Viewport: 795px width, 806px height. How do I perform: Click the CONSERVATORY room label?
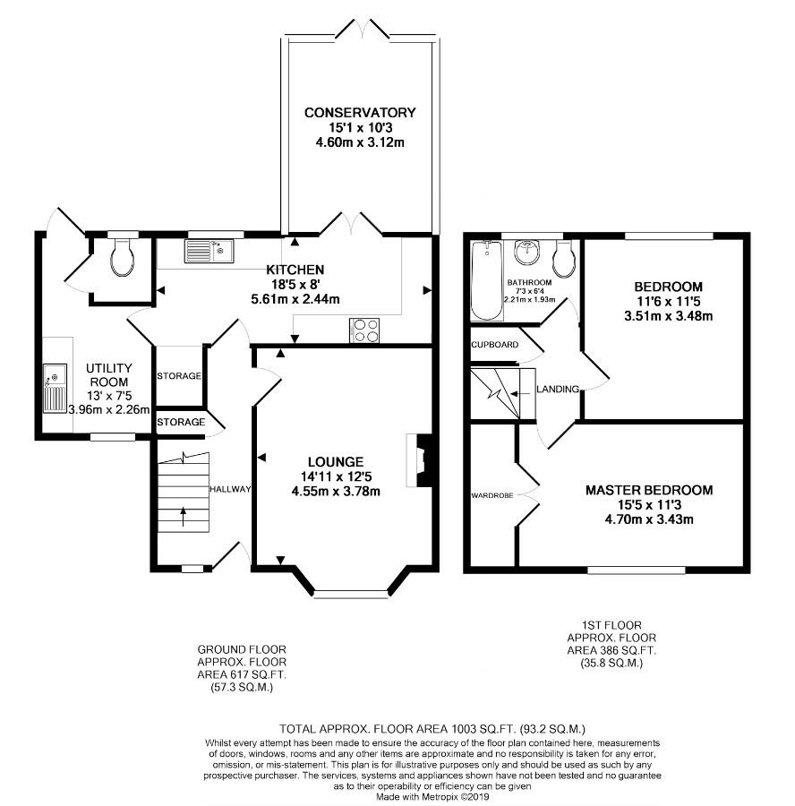point(360,113)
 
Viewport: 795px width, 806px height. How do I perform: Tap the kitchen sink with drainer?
point(209,252)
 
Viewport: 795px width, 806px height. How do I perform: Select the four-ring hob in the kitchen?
point(365,330)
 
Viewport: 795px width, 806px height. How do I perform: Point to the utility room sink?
point(55,388)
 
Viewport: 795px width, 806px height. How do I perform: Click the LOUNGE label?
point(336,462)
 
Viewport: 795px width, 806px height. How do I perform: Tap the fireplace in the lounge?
point(417,460)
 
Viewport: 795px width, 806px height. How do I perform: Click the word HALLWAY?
point(230,489)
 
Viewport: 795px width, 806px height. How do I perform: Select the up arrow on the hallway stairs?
point(184,517)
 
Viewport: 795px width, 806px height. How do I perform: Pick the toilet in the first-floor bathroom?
point(563,258)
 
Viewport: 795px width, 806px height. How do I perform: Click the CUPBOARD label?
point(495,345)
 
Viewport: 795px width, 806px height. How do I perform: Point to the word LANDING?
point(558,390)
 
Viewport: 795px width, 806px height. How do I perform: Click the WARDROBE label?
point(492,495)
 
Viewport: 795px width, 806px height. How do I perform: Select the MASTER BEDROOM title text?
point(649,490)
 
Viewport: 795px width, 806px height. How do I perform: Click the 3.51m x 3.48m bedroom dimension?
point(668,316)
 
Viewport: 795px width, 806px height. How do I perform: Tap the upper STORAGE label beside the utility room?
point(179,376)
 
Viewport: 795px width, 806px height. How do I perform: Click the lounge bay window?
point(350,595)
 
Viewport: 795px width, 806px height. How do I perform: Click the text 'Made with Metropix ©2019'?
point(432,797)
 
